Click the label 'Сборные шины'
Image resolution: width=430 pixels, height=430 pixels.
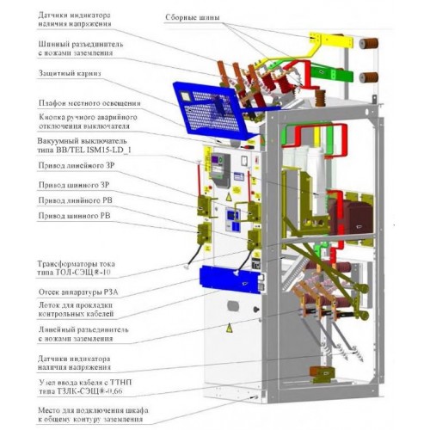pos(193,17)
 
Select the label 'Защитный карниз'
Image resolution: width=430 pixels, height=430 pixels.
pos(70,73)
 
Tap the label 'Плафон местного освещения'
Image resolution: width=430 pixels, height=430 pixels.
pos(89,103)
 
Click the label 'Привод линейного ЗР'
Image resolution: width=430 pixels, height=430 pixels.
pos(77,165)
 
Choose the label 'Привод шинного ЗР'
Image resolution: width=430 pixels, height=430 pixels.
pos(74,185)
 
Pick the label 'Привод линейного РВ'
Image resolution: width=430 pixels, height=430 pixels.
pos(75,200)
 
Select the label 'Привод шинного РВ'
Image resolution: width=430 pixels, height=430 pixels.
pos(74,216)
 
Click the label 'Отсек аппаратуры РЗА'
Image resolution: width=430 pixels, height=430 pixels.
pos(78,292)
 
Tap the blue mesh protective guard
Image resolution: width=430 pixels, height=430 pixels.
pos(213,110)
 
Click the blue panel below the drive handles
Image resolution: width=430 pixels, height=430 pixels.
pos(231,279)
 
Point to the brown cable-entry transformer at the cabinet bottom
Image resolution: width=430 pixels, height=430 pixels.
pos(322,372)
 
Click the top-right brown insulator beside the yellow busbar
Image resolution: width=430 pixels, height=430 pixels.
pos(369,43)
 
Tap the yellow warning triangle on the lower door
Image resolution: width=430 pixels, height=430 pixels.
pos(229,328)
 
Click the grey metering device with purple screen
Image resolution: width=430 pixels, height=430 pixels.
pos(220,170)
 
